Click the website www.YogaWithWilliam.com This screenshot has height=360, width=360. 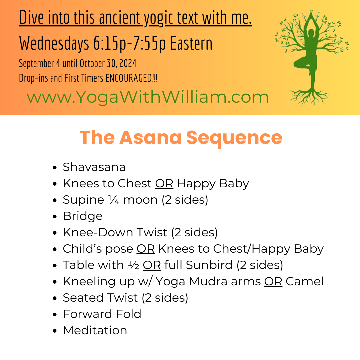(148, 97)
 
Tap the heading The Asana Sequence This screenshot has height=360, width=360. (181, 137)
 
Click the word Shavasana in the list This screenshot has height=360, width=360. (94, 167)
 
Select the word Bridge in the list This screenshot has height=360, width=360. (83, 216)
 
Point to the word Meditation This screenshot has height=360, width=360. (95, 330)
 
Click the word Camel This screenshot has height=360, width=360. (305, 281)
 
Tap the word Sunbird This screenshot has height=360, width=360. (209, 265)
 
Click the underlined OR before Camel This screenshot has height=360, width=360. (273, 281)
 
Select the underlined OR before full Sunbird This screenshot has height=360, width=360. (152, 265)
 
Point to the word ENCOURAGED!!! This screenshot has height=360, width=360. (131, 79)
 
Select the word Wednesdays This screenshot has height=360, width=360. (54, 43)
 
